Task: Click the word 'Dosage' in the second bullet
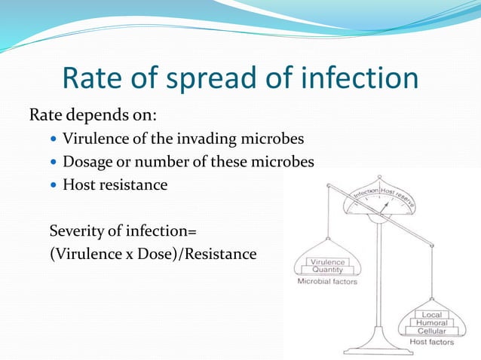[89, 162]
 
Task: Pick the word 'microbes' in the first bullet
[277, 139]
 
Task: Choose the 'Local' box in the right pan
[431, 314]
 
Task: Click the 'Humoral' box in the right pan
[431, 322]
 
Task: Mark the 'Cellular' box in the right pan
[431, 331]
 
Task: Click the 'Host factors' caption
[431, 343]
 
